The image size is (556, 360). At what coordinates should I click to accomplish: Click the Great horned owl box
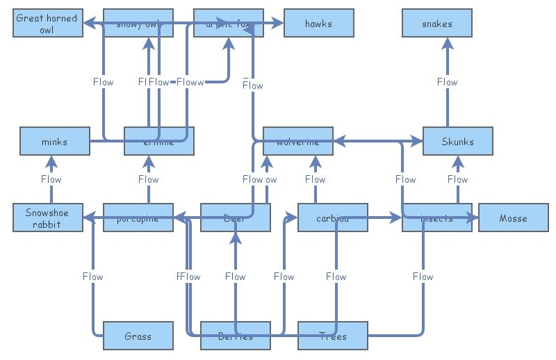pyautogui.click(x=47, y=24)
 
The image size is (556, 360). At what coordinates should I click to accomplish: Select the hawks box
pyautogui.click(x=318, y=24)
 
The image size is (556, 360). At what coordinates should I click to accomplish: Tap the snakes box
pyautogui.click(x=436, y=24)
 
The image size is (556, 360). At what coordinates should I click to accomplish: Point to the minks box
pyautogui.click(x=54, y=142)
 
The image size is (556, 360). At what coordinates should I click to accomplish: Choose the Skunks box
pyautogui.click(x=457, y=142)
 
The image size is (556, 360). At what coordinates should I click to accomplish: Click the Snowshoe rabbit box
pyautogui.click(x=47, y=218)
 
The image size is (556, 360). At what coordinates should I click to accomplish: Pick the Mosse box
pyautogui.click(x=513, y=218)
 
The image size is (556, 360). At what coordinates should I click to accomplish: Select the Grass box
pyautogui.click(x=138, y=336)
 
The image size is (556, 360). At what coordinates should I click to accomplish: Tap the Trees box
pyautogui.click(x=332, y=336)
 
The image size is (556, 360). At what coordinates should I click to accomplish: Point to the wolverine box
pyautogui.click(x=297, y=142)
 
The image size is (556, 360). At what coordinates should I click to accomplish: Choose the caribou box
pyautogui.click(x=332, y=218)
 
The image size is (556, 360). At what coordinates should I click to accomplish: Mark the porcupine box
pyautogui.click(x=138, y=218)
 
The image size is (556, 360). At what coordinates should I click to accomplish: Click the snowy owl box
pyautogui.click(x=138, y=24)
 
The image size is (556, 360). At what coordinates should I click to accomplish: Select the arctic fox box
pyautogui.click(x=228, y=24)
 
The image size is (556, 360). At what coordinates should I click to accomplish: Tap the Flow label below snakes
pyautogui.click(x=447, y=82)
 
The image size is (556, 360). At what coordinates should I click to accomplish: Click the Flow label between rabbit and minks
pyautogui.click(x=51, y=179)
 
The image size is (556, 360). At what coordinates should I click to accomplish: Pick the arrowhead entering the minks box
pyautogui.click(x=51, y=162)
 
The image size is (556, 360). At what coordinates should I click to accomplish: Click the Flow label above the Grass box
pyautogui.click(x=92, y=277)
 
